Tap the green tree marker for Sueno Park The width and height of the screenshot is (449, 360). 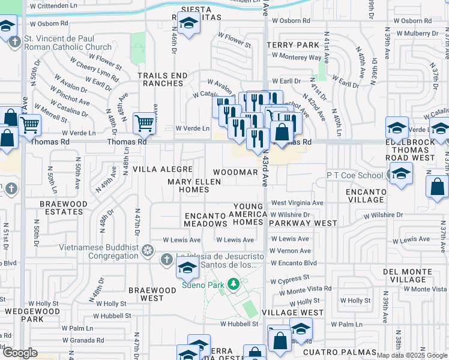point(236,283)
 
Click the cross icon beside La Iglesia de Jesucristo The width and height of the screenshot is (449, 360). point(166,259)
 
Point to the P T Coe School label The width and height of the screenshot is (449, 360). point(354,175)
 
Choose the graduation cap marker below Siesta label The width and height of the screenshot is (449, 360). point(188,24)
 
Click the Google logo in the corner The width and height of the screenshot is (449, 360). point(20,353)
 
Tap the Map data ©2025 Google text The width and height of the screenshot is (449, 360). point(412,355)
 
